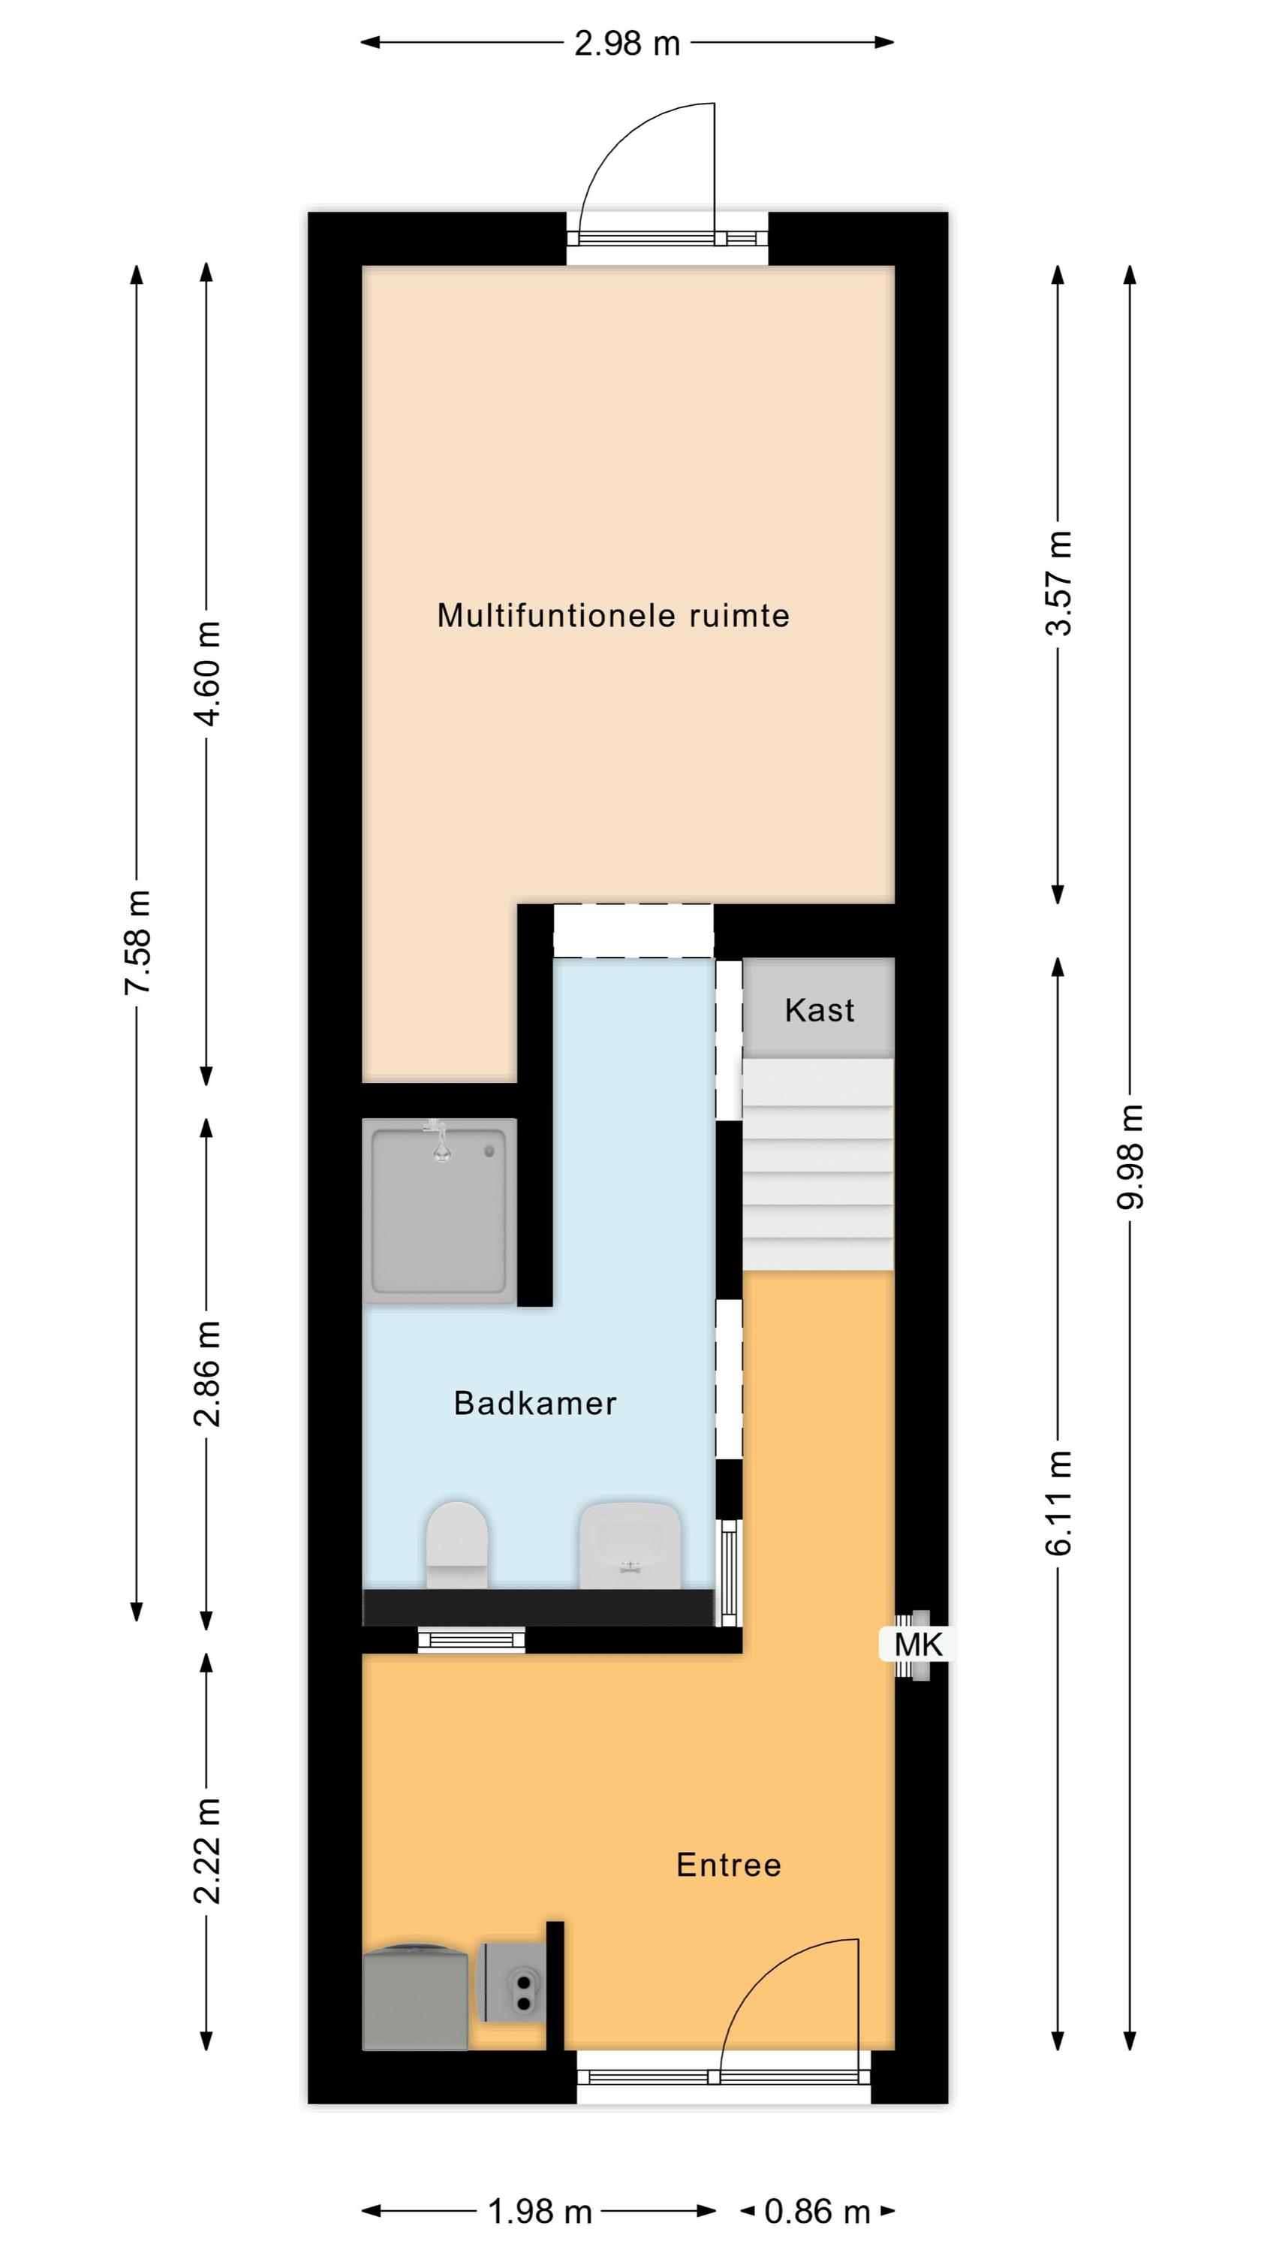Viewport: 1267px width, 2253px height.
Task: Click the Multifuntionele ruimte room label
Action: [613, 616]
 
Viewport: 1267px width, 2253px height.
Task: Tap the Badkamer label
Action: [535, 1403]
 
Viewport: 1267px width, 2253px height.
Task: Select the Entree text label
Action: [728, 1865]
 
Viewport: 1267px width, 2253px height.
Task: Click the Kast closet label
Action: [820, 1010]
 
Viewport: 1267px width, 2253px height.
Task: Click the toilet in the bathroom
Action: [456, 1545]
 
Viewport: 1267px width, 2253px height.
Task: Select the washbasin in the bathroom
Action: [630, 1546]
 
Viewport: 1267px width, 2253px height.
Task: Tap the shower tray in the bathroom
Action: [440, 1211]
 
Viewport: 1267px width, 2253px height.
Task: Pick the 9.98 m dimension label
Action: [1130, 1157]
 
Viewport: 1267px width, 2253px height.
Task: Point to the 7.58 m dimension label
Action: [137, 942]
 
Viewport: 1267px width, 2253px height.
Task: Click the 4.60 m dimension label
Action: [207, 674]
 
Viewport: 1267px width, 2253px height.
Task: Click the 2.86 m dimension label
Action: [207, 1373]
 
